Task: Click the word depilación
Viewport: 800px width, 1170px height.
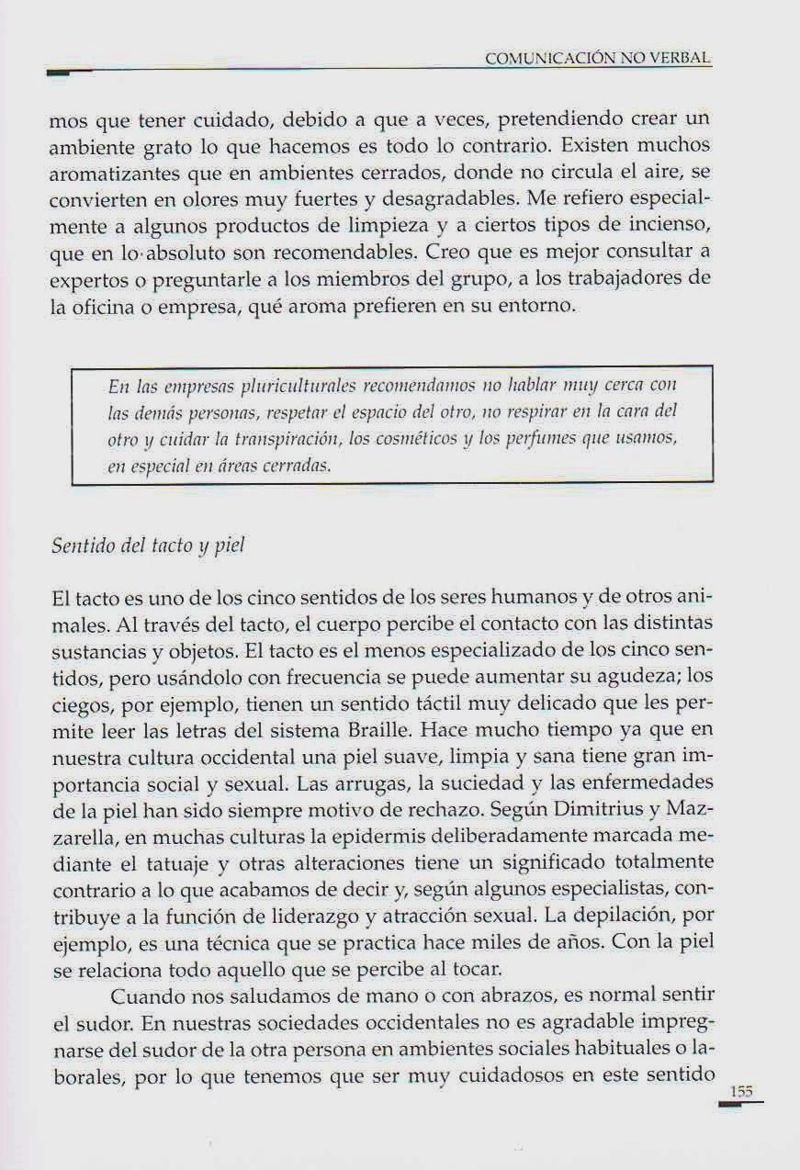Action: [636, 915]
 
